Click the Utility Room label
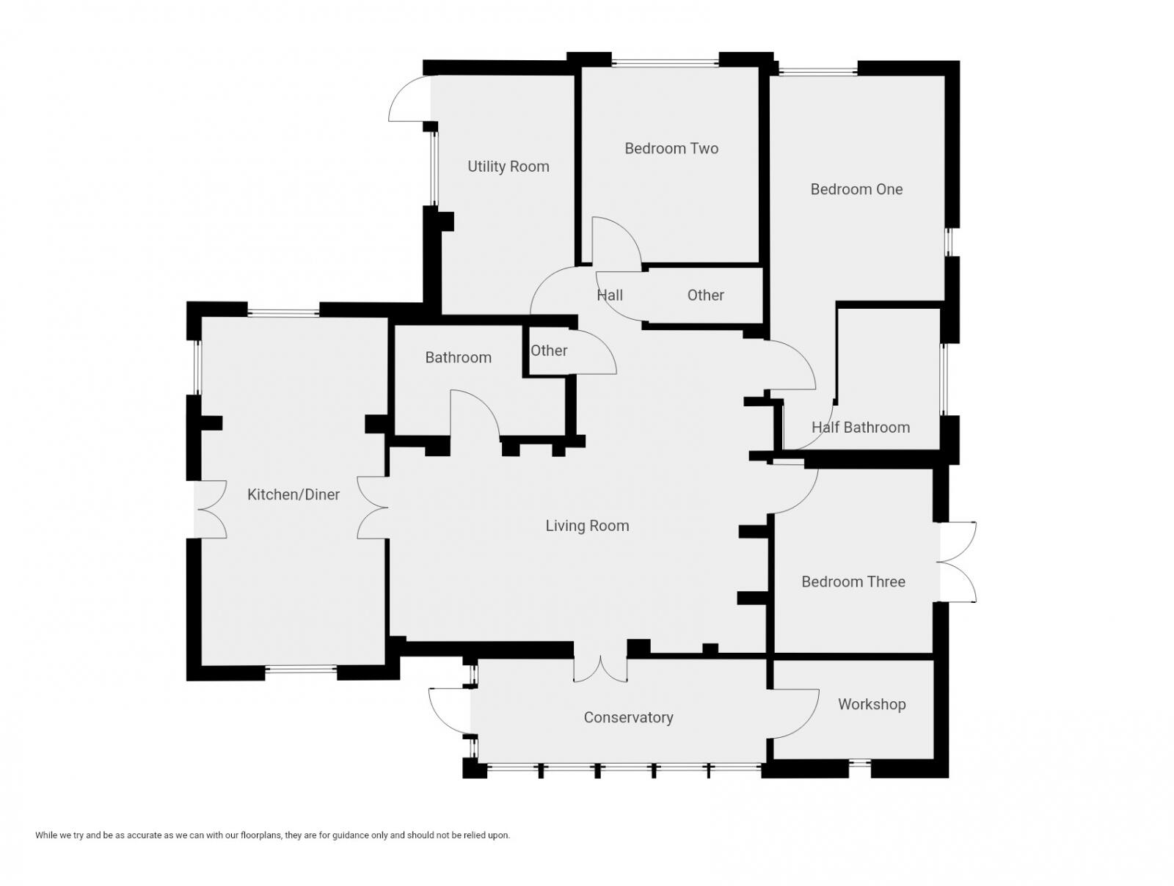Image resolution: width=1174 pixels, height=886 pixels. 508,166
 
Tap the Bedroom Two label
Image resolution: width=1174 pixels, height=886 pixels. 671,148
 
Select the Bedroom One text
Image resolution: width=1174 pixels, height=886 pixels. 856,189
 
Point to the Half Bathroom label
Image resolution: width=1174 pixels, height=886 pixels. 860,427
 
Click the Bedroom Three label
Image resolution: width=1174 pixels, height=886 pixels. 853,582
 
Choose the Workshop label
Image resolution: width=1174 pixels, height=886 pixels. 871,704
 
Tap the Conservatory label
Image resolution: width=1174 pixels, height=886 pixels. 628,717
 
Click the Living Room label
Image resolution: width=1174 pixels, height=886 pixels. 587,525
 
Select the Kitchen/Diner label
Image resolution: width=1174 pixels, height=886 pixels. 293,494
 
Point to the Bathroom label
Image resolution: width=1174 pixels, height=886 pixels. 458,357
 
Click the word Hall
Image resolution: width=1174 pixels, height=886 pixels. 609,295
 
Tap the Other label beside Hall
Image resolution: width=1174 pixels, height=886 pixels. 705,295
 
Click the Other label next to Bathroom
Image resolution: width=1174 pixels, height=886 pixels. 548,351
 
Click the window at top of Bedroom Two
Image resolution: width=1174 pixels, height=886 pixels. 665,63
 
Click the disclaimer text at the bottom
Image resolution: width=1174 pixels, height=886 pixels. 272,835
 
